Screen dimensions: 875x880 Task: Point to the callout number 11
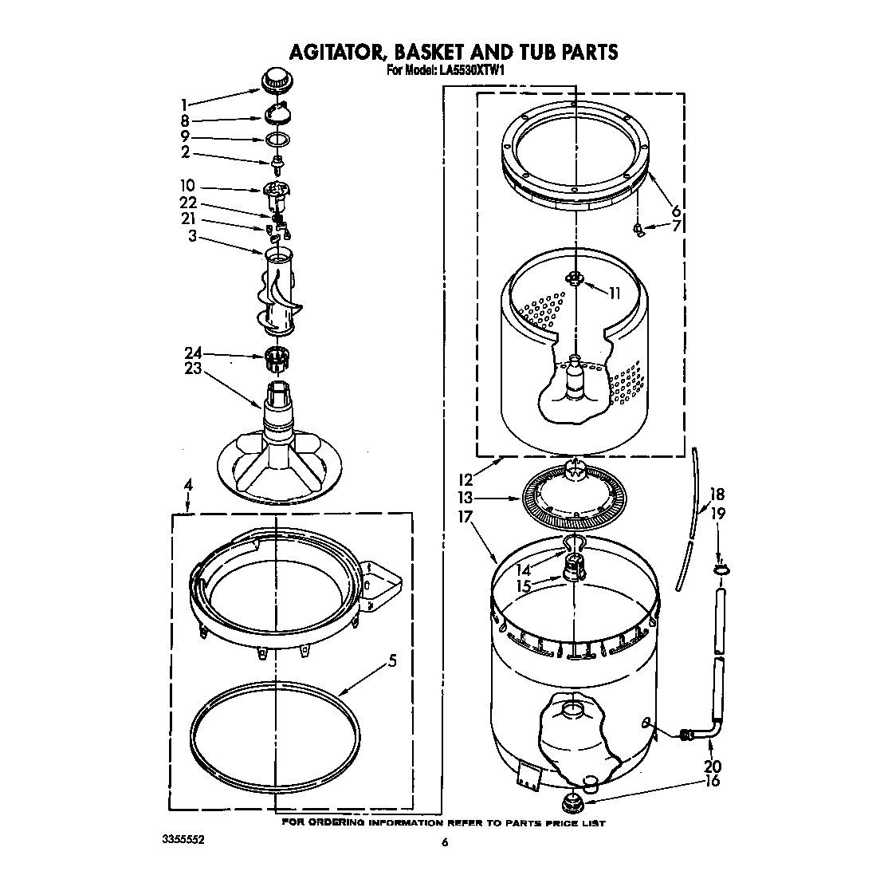(614, 293)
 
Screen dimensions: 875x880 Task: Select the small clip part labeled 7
(637, 230)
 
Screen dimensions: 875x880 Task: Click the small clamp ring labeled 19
(720, 569)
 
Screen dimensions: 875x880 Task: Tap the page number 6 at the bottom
(445, 842)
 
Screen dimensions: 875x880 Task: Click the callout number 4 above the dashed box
(188, 484)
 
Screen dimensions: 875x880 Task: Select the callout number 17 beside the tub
(466, 516)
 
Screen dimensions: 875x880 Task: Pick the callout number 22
(187, 203)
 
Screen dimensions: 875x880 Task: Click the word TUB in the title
(536, 53)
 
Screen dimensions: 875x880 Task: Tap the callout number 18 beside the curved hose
(717, 494)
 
